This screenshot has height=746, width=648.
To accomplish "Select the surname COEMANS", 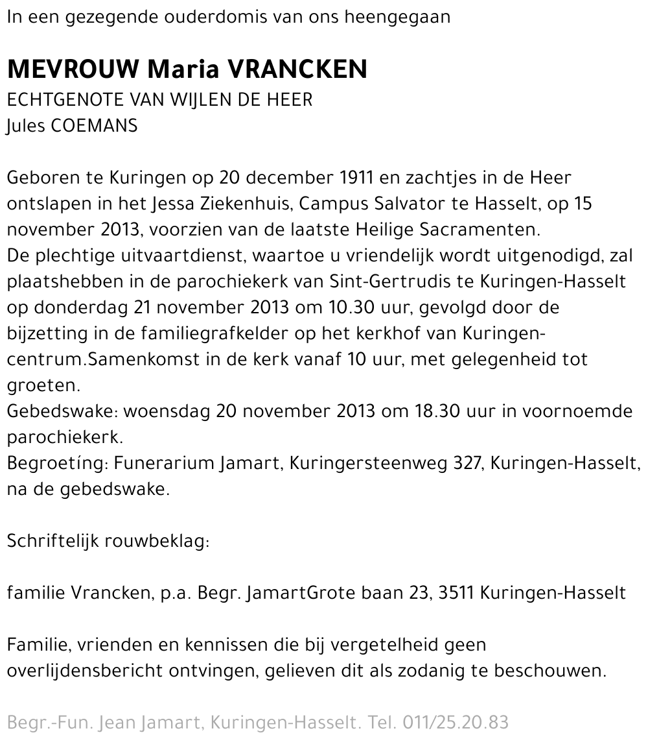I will point(93,126).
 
